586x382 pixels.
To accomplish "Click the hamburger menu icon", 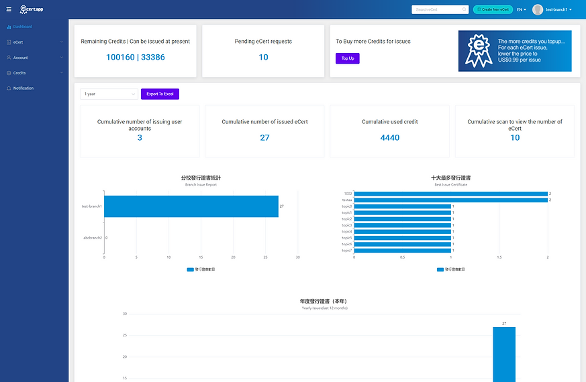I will click(9, 9).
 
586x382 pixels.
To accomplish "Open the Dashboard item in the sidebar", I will click(22, 27).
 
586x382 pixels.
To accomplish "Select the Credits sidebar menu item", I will click(19, 73).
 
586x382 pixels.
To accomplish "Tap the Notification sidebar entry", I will click(23, 88).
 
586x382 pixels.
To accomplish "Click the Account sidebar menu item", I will click(20, 58).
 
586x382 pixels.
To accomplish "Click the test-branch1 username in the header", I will click(557, 9).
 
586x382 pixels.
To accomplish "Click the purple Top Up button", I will click(347, 58).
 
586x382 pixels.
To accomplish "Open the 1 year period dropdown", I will click(109, 94).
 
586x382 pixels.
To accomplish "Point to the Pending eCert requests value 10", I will click(263, 58).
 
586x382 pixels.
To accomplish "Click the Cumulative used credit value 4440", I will click(389, 137).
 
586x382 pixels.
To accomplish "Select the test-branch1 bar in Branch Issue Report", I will click(191, 206).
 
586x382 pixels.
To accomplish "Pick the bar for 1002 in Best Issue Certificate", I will click(451, 194).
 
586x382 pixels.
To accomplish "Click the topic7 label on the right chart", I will click(346, 251).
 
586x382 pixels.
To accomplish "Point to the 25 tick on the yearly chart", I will click(124, 335).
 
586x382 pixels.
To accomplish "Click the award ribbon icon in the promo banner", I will click(478, 50).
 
